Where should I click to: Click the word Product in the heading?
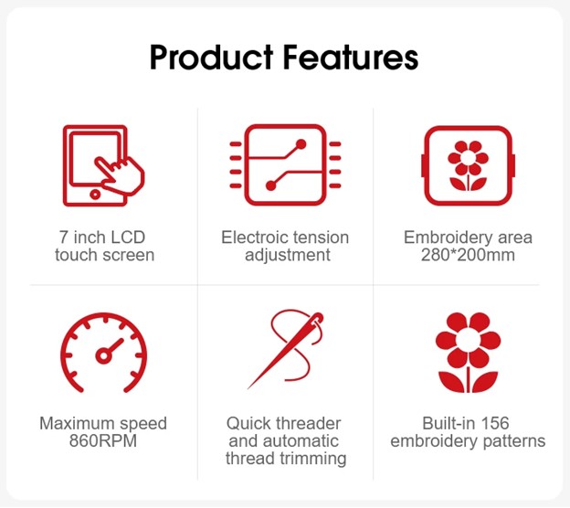(212, 58)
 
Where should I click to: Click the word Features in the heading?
(351, 58)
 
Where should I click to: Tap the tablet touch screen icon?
(103, 165)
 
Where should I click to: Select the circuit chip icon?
(285, 164)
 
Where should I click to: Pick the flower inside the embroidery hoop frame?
(469, 165)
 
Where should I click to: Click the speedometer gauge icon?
(104, 353)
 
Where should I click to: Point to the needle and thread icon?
(286, 349)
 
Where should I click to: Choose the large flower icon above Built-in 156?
(469, 352)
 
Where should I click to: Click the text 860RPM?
(103, 440)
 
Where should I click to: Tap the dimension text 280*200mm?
(468, 255)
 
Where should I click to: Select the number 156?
(495, 423)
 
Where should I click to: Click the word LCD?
(128, 238)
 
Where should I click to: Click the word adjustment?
(288, 255)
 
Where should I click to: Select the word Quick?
(249, 423)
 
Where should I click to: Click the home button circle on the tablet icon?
(95, 195)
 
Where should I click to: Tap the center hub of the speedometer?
(103, 355)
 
